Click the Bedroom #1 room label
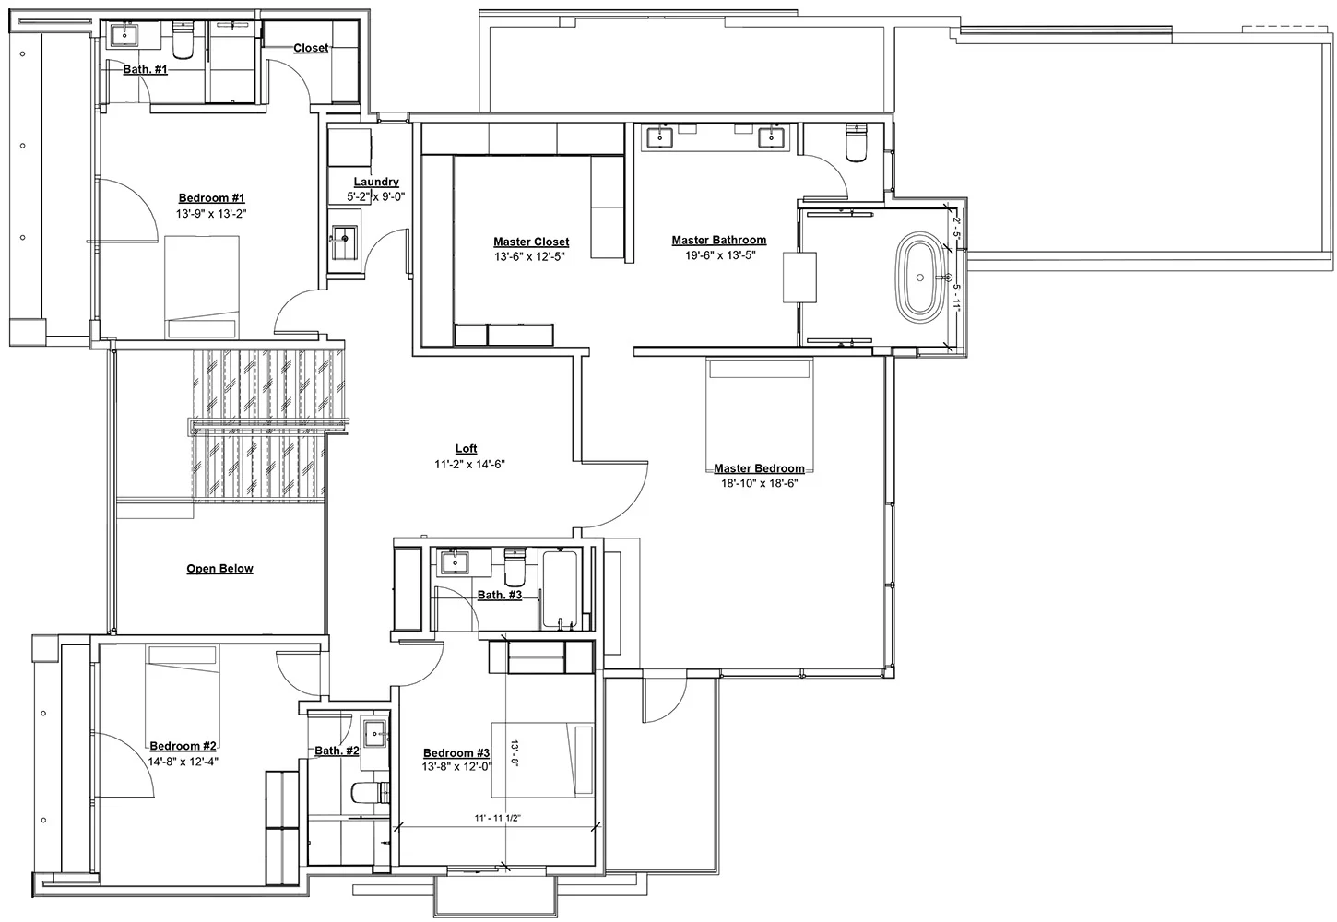pos(211,198)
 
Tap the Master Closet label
pos(531,242)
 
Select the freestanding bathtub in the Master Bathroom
pos(920,278)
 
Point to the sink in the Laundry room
pos(345,242)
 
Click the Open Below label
pos(219,569)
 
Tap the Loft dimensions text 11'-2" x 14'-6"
pos(469,465)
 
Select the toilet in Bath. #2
pos(370,793)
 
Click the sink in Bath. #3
pos(455,562)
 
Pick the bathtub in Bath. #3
pos(560,589)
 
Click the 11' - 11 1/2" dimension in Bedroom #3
pos(497,818)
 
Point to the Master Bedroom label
pos(759,468)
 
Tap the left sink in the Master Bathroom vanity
pos(659,138)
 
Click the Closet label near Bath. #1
pos(311,48)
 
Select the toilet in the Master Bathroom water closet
pos(857,143)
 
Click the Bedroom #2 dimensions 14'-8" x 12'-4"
pos(183,762)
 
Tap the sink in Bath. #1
pos(124,36)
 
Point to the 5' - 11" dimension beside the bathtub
pos(956,298)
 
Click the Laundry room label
pos(376,182)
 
